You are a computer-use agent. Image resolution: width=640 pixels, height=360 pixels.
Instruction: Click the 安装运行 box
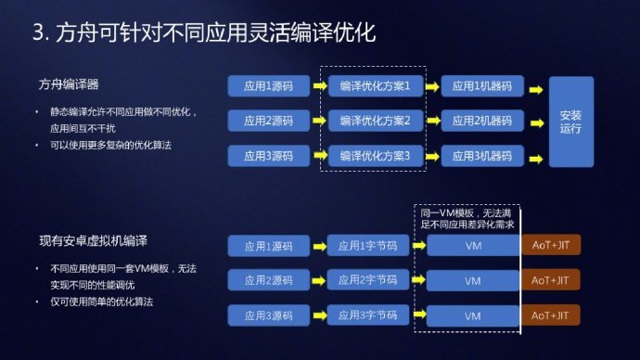click(570, 121)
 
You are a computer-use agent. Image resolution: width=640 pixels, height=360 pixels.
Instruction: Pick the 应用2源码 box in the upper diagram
click(268, 121)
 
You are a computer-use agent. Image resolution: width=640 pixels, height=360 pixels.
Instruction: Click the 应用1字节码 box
click(367, 246)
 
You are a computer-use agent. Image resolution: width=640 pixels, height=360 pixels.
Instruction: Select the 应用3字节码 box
click(367, 315)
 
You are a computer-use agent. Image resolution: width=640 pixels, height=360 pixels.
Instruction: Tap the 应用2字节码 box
click(367, 281)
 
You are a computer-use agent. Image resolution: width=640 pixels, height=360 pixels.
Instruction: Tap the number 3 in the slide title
click(37, 34)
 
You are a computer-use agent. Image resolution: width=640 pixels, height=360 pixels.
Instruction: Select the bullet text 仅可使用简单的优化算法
click(101, 302)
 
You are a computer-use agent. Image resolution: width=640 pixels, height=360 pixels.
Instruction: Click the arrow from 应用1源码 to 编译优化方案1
click(317, 86)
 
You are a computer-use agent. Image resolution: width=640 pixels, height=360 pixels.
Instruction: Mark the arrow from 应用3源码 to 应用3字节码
click(317, 315)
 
